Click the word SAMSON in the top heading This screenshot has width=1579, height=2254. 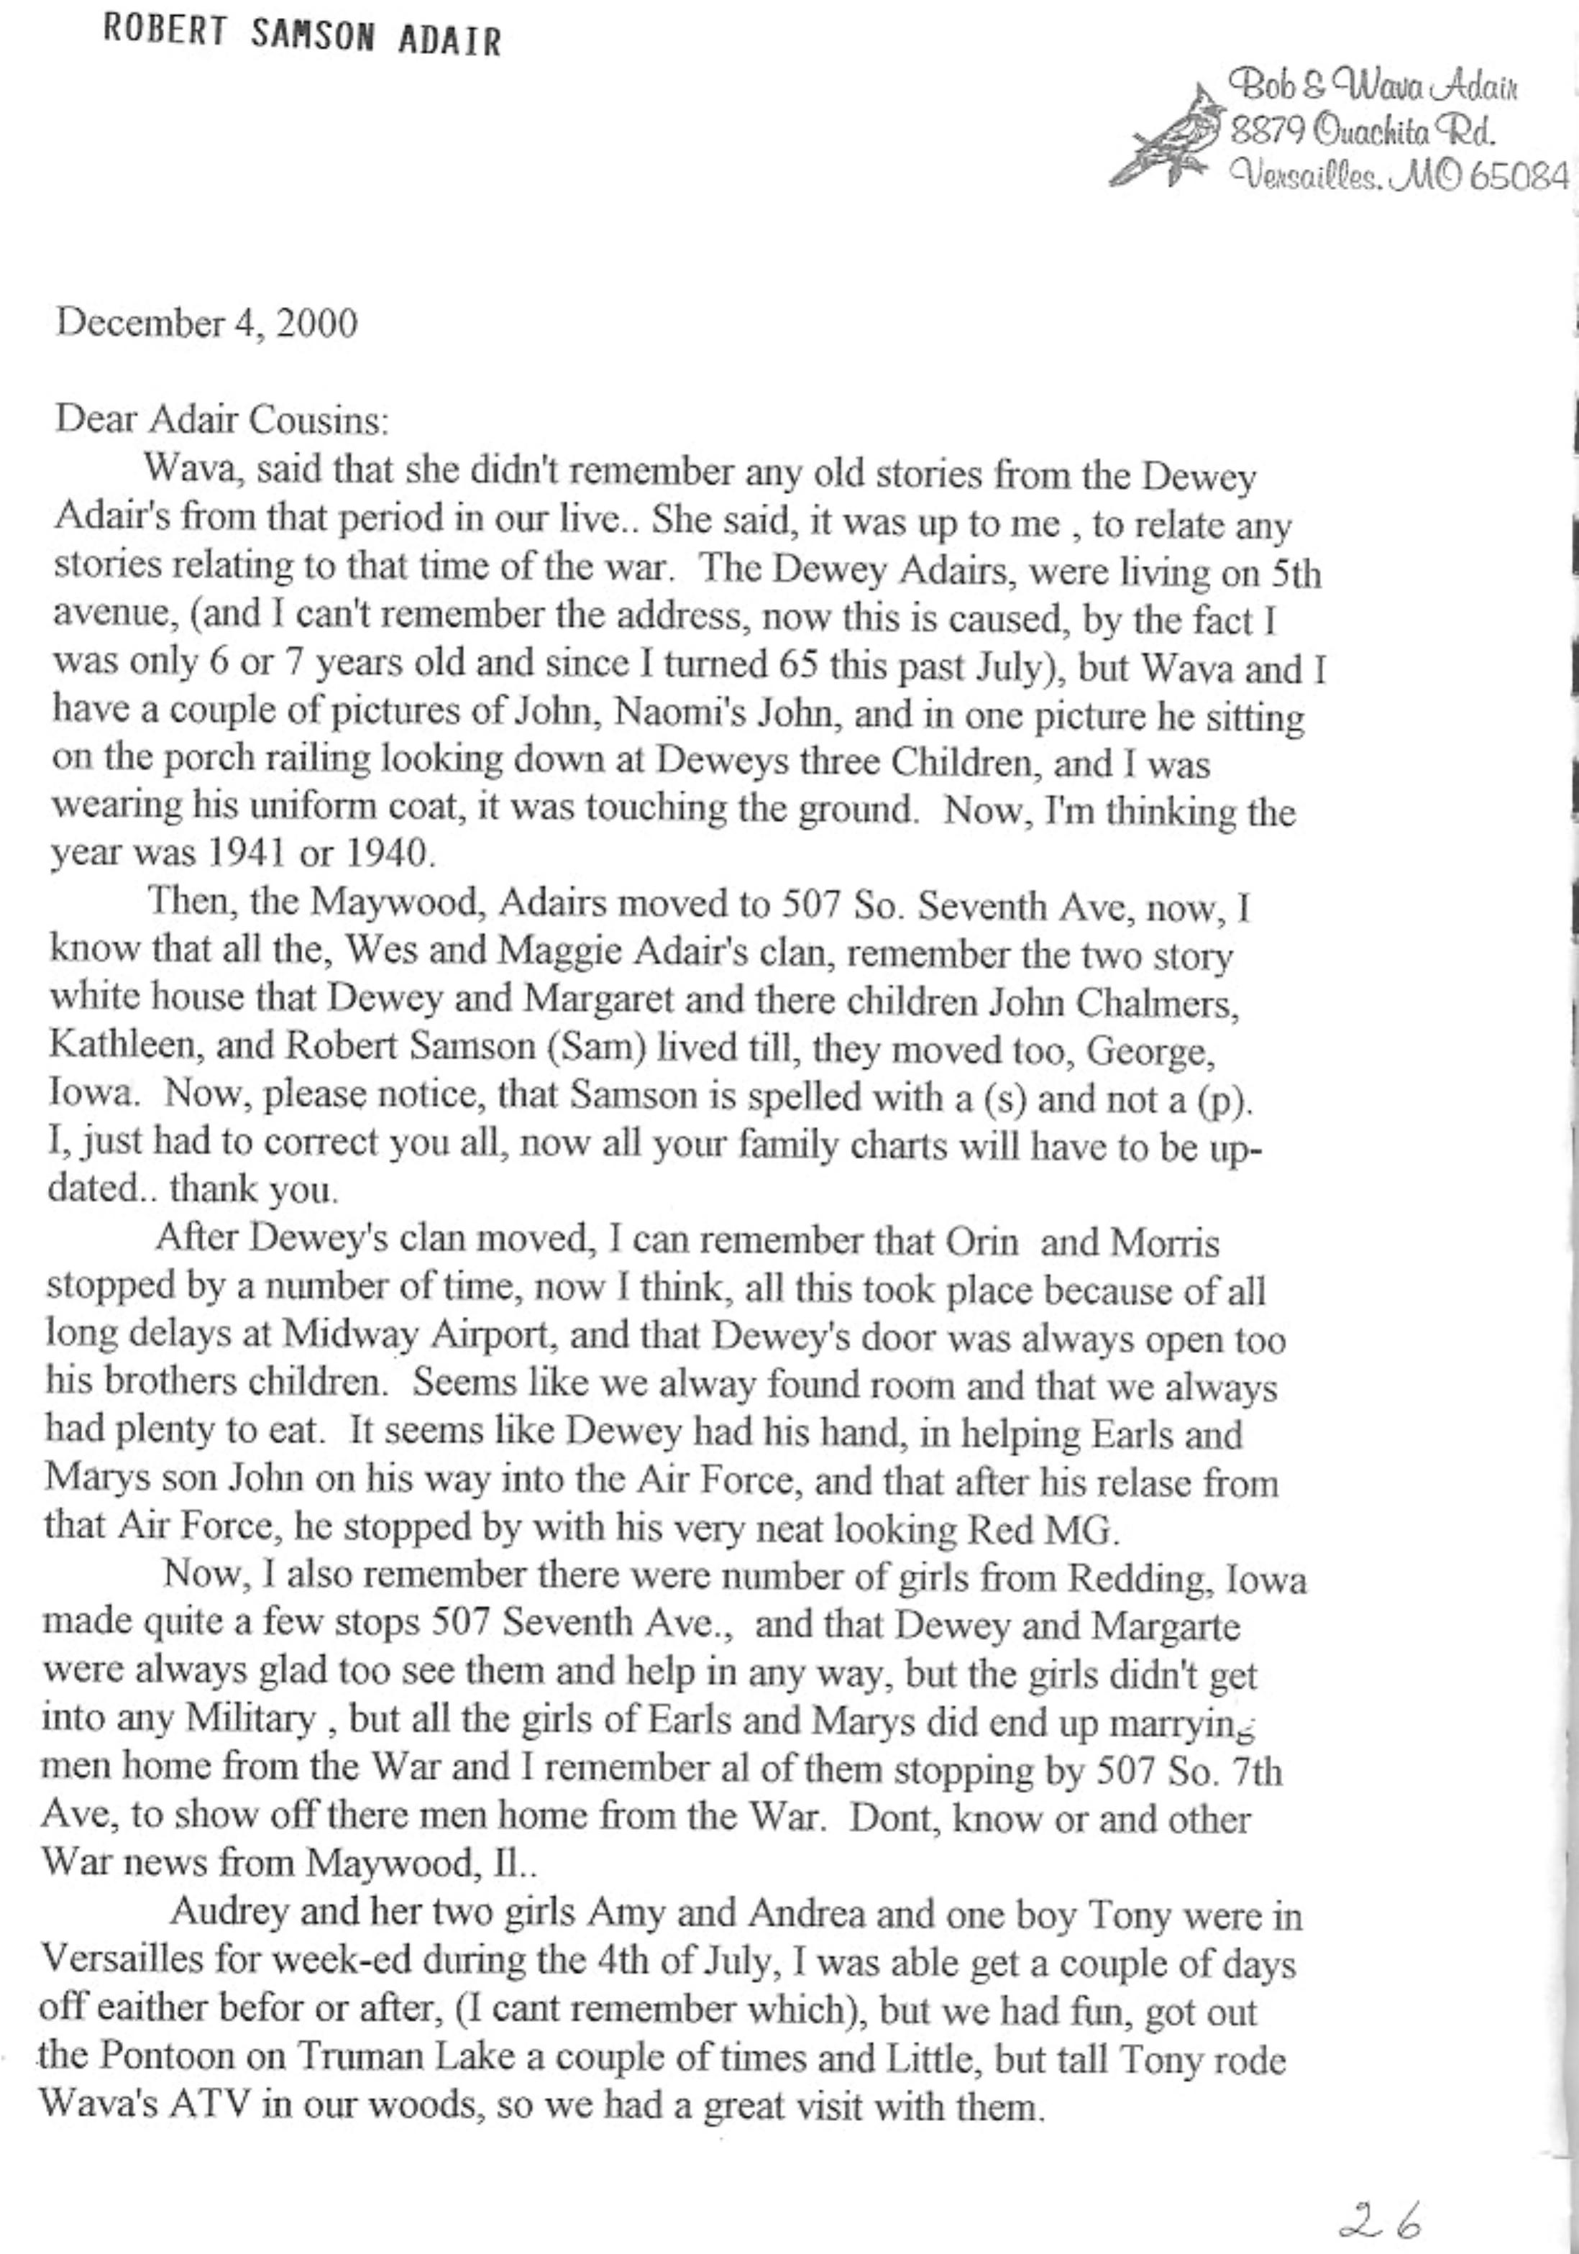[x=312, y=37]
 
